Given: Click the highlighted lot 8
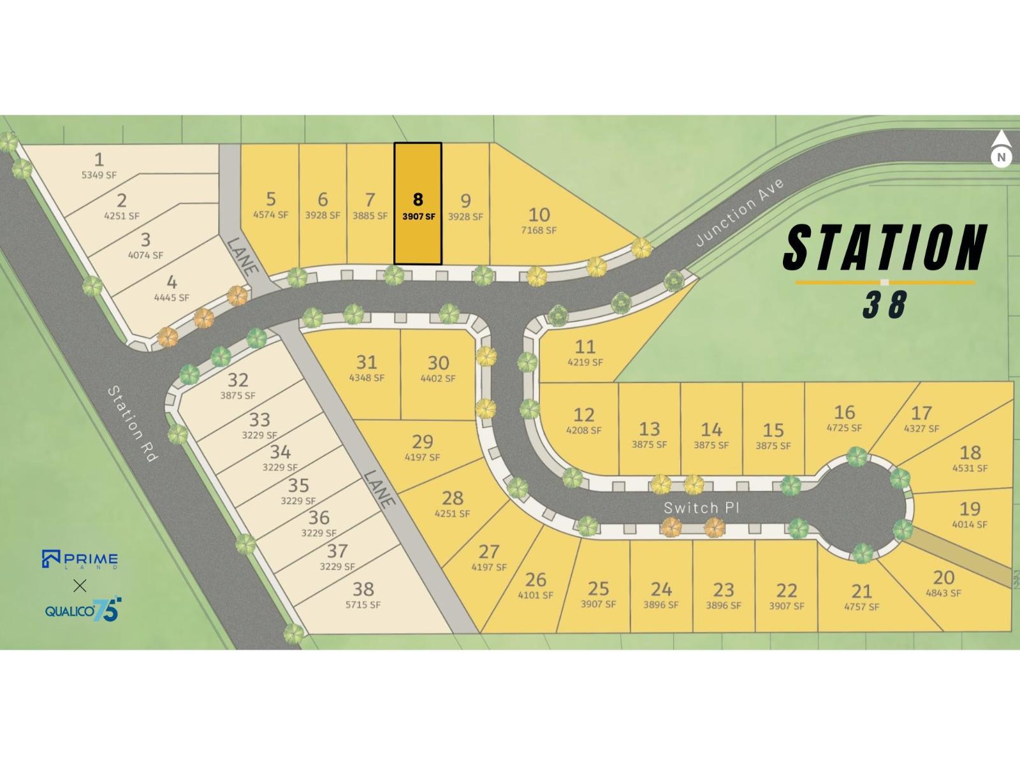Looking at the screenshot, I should [x=418, y=203].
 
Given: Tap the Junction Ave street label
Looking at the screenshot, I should [x=739, y=212].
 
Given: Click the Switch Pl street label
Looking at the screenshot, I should [x=701, y=508].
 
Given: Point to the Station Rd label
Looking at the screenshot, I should [x=133, y=424].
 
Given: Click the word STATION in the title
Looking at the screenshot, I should [x=885, y=247].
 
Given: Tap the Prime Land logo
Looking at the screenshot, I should [x=80, y=559].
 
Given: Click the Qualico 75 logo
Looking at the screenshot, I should [x=82, y=610].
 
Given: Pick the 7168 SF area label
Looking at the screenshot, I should [x=539, y=230].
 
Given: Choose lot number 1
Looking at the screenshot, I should [x=99, y=159].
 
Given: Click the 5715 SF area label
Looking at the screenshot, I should [x=363, y=604].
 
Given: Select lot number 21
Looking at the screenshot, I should [x=861, y=591].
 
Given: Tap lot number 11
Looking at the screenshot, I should [x=585, y=346].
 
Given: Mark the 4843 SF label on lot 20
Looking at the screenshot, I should [x=943, y=593].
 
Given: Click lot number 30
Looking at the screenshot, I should [x=438, y=363].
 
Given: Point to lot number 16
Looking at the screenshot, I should [x=844, y=412].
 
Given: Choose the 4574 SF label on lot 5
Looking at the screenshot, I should [x=271, y=215].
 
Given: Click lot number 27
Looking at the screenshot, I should [x=489, y=551].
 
